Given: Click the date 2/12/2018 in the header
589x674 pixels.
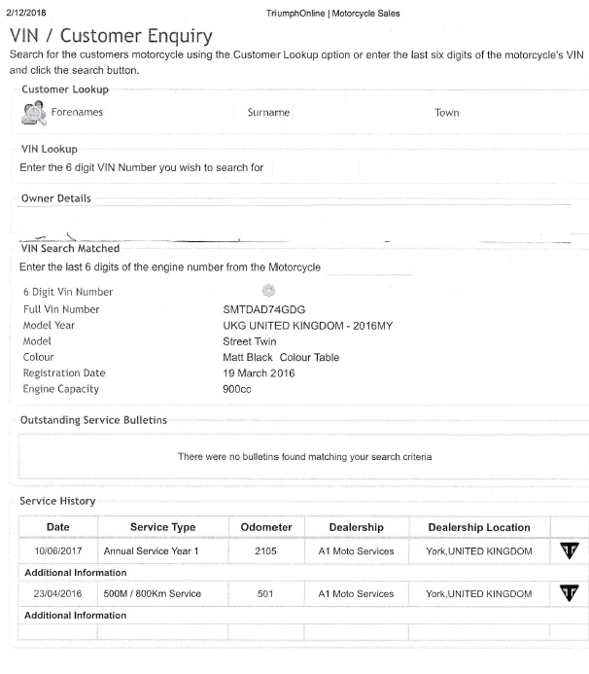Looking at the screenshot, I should point(28,14).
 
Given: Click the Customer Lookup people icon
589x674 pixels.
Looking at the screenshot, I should point(32,112).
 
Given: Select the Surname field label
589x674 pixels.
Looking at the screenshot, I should point(268,113).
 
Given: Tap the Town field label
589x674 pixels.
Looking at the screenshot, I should point(447,113).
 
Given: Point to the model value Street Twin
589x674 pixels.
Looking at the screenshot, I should point(250,341).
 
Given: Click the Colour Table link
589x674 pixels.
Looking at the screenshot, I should point(310,357).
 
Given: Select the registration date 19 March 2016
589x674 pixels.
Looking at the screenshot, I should point(260,373).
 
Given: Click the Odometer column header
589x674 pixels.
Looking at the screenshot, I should point(266,527).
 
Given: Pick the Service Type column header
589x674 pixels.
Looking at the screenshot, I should point(163,527).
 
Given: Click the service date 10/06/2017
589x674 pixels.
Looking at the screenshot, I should point(57,551).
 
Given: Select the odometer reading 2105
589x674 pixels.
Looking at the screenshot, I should point(266,551).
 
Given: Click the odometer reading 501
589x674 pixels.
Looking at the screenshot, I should point(266,593).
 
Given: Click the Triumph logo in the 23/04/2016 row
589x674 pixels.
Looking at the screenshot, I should point(569,593).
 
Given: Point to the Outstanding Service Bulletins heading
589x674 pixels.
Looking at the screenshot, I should point(93,420).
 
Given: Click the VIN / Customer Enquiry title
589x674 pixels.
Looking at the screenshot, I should point(111,37).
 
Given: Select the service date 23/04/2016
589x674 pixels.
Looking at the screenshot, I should point(57,593).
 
